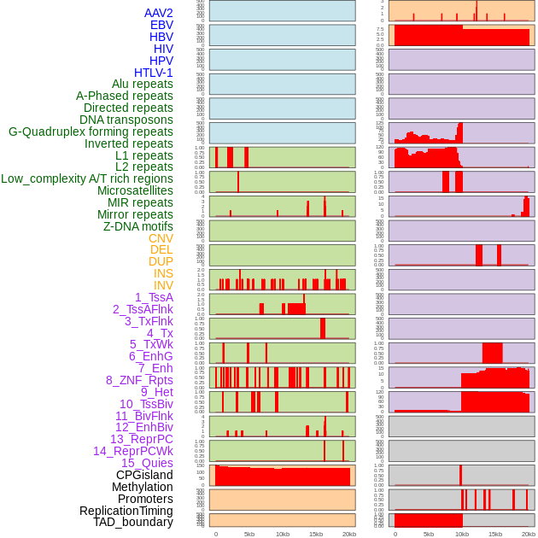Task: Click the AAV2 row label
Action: click(159, 13)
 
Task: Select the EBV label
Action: click(161, 25)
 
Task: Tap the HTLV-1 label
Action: click(154, 73)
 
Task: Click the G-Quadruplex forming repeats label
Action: click(91, 132)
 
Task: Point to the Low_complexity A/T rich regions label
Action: click(87, 178)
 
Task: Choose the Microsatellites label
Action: click(135, 190)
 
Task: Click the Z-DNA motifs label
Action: click(137, 226)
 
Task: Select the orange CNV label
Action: click(161, 238)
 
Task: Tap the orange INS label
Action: click(163, 273)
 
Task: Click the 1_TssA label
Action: click(154, 297)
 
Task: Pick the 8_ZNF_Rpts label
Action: click(139, 380)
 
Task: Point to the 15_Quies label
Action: click(147, 463)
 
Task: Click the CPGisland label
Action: click(144, 475)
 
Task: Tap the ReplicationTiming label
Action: click(126, 511)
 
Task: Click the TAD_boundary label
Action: click(133, 522)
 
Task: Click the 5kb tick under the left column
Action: click(249, 534)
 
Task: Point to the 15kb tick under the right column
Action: click(495, 534)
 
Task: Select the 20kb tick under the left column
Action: click(349, 534)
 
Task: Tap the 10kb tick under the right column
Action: click(462, 534)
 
